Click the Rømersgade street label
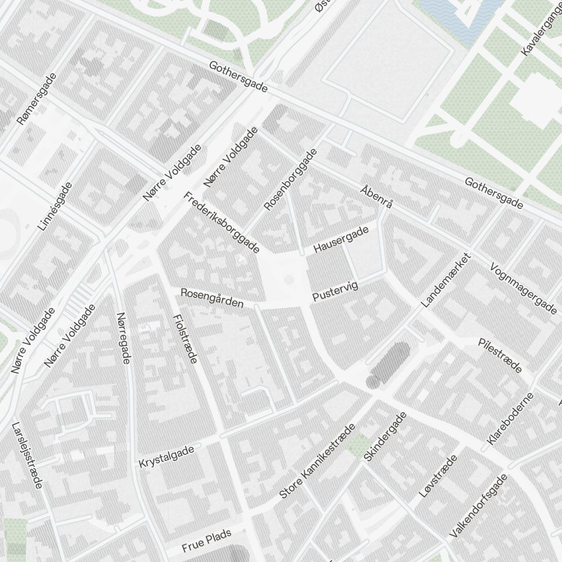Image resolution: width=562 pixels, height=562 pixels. [37, 99]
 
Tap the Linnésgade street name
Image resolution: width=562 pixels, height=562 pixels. [55, 206]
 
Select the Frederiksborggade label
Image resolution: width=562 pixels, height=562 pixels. [221, 222]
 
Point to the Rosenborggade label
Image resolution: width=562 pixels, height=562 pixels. [291, 179]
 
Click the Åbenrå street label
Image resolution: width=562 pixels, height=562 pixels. [376, 197]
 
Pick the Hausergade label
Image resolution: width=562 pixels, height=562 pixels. [341, 239]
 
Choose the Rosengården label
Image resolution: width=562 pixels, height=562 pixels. [211, 298]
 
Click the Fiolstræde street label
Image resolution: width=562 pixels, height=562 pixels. [185, 338]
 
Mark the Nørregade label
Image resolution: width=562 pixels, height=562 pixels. [123, 338]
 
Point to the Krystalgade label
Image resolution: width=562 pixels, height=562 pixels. [166, 456]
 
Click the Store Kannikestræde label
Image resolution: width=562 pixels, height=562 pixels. [318, 461]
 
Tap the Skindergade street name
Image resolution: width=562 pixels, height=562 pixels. [385, 437]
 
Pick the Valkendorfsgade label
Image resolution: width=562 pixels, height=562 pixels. [478, 505]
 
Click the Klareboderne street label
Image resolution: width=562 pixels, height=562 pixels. [510, 419]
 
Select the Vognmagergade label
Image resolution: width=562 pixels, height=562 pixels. [523, 288]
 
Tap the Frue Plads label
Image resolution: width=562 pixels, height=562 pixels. [206, 542]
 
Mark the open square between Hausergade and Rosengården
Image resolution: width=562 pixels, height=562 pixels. [284, 277]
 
